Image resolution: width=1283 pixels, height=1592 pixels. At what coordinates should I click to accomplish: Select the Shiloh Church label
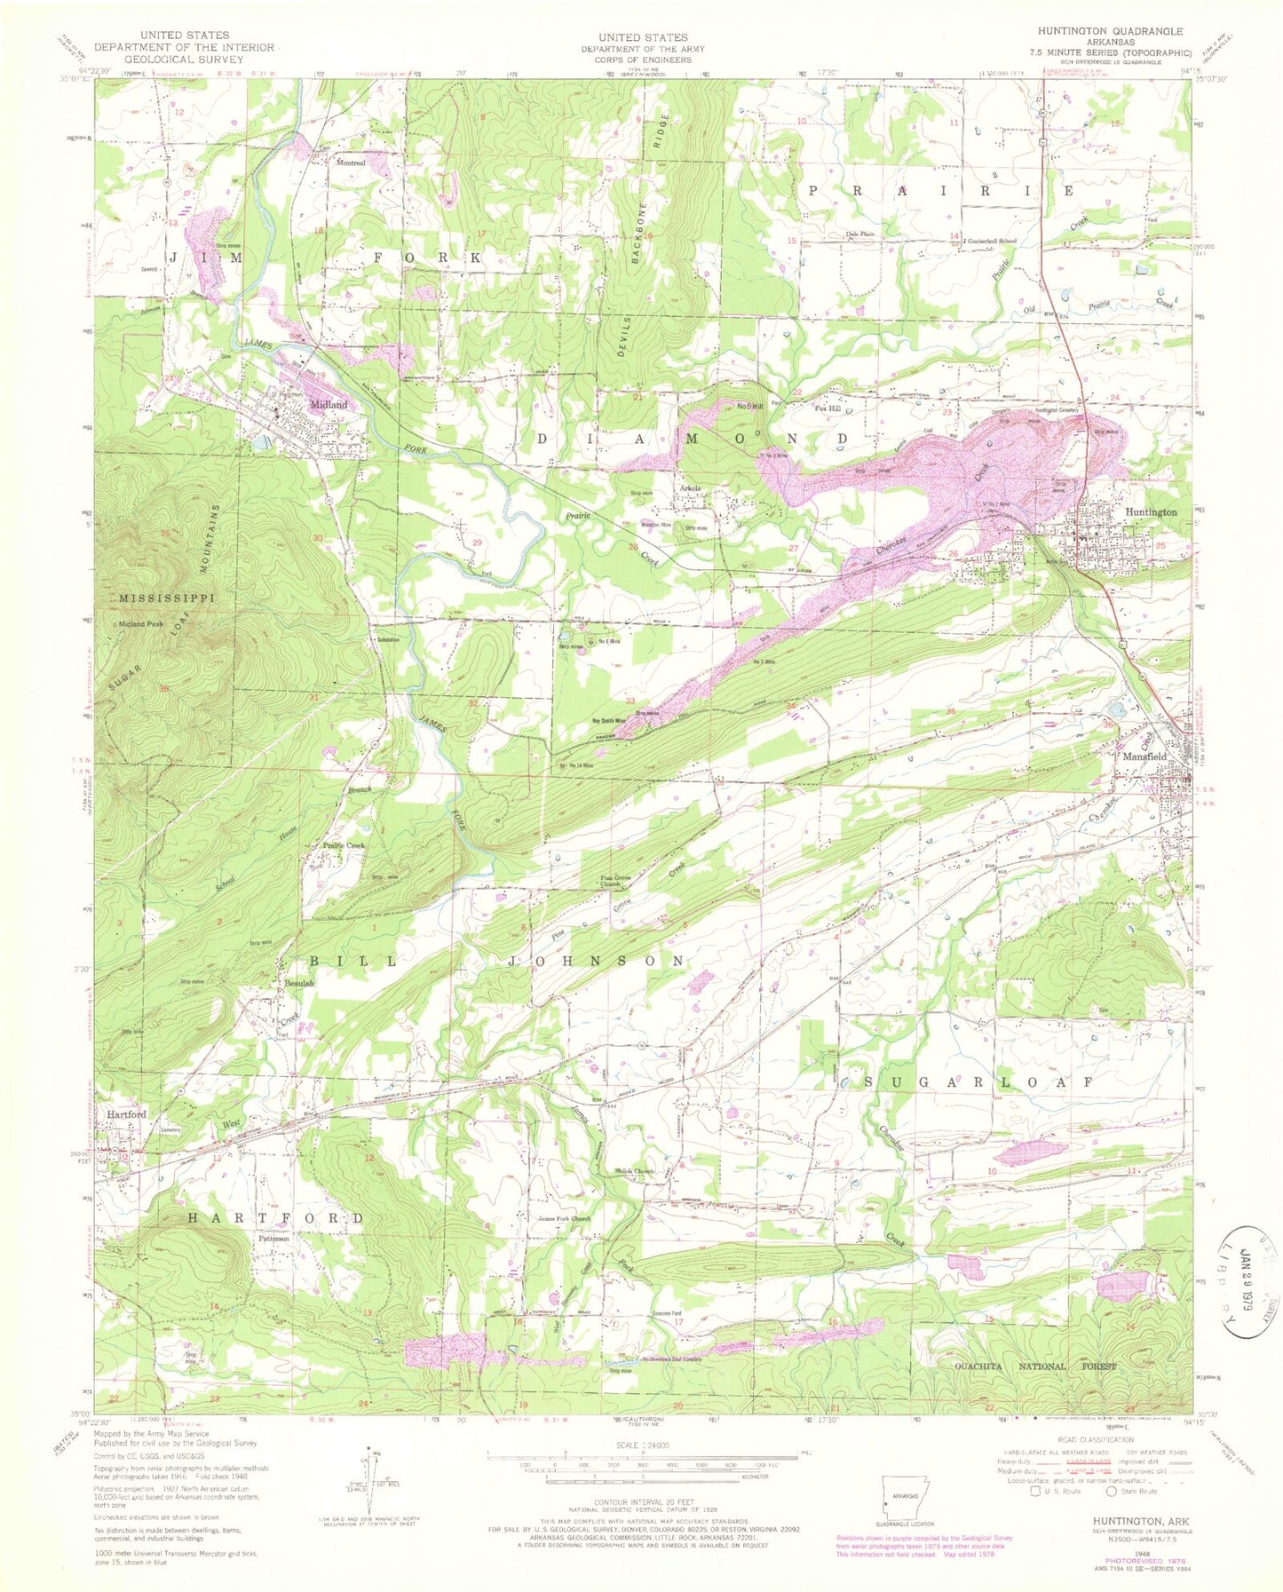[x=634, y=1171]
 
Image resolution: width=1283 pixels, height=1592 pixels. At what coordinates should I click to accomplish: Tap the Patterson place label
[x=273, y=1238]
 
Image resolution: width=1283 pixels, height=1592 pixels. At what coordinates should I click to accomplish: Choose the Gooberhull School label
[x=992, y=241]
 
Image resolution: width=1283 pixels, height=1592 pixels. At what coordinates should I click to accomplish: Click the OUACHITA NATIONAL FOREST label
[x=1034, y=1366]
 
